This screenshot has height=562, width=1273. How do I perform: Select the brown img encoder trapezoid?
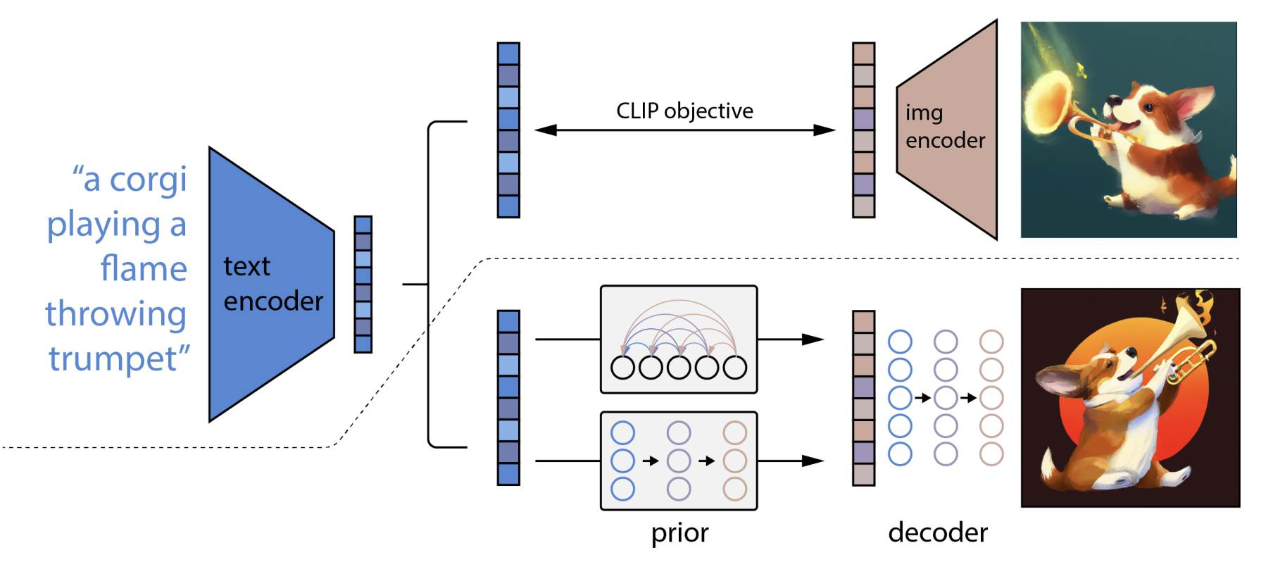tap(947, 130)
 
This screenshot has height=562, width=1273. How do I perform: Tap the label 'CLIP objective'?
tap(684, 111)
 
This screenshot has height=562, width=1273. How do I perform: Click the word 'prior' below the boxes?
tap(679, 532)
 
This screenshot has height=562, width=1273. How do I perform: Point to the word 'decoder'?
tap(938, 532)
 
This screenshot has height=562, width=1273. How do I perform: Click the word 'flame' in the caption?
tap(144, 269)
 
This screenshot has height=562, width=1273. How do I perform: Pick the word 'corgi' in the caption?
tap(148, 180)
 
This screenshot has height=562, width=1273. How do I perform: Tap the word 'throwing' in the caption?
tap(116, 314)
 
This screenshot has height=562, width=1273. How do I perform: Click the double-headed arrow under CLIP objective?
tap(684, 130)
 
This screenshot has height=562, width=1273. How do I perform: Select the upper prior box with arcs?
tap(679, 339)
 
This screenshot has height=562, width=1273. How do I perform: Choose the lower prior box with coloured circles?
tap(679, 461)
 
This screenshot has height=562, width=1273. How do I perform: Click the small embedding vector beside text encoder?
tap(363, 285)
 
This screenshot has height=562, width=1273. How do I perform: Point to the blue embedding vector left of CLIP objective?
tap(508, 130)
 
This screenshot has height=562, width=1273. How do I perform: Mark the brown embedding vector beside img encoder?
tap(863, 130)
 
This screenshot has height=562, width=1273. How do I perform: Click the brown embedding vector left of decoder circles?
tap(863, 398)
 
